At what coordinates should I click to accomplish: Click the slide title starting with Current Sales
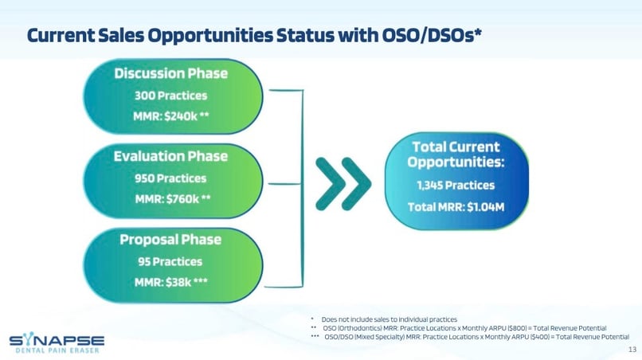pyautogui.click(x=254, y=35)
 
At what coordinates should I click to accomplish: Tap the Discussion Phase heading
pyautogui.click(x=170, y=73)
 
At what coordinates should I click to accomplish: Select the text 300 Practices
pyautogui.click(x=170, y=96)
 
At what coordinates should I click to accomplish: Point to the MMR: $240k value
pyautogui.click(x=170, y=116)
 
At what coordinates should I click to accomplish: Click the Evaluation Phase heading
pyautogui.click(x=170, y=156)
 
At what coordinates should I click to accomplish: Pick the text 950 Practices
pyautogui.click(x=170, y=178)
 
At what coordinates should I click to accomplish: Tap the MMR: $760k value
pyautogui.click(x=173, y=199)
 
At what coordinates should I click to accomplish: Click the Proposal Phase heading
pyautogui.click(x=170, y=240)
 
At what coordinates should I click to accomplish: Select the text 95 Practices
pyautogui.click(x=170, y=262)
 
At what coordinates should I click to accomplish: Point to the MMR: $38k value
pyautogui.click(x=170, y=282)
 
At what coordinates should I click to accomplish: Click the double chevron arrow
pyautogui.click(x=343, y=183)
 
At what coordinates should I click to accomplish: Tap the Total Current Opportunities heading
pyautogui.click(x=456, y=155)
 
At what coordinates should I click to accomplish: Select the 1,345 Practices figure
pyautogui.click(x=456, y=186)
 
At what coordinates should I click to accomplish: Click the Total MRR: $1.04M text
pyautogui.click(x=456, y=207)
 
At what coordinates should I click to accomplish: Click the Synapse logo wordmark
pyautogui.click(x=57, y=339)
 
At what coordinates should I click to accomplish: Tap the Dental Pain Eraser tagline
pyautogui.click(x=57, y=350)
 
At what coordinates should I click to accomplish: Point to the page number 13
pyautogui.click(x=632, y=350)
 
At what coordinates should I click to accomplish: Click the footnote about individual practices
pyautogui.click(x=389, y=319)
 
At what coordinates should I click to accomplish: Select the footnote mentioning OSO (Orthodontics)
pyautogui.click(x=464, y=328)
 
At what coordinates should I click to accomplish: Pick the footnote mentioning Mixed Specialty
pyautogui.click(x=476, y=337)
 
